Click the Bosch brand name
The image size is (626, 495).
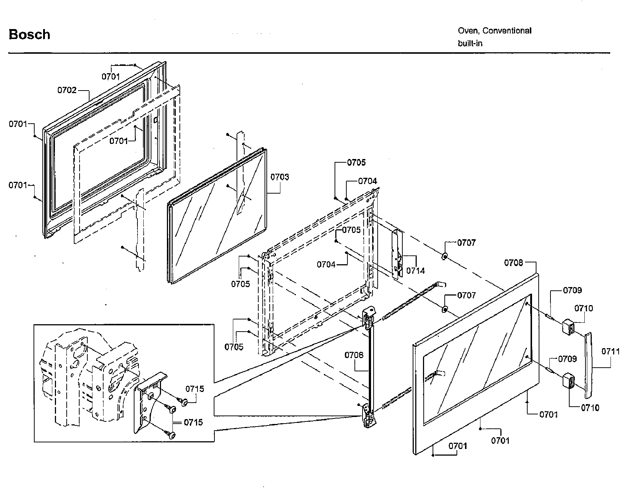(x=29, y=35)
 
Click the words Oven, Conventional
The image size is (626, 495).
(x=494, y=31)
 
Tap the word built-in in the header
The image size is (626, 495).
(x=470, y=43)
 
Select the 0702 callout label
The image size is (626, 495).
(x=67, y=90)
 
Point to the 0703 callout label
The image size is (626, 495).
(x=280, y=177)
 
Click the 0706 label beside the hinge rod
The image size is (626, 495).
(x=354, y=355)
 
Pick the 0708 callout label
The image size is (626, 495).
(x=514, y=262)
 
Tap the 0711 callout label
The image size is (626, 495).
(x=611, y=351)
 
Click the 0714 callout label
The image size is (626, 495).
(x=415, y=271)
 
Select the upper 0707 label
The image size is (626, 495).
(x=466, y=243)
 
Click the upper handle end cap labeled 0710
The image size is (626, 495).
(x=569, y=326)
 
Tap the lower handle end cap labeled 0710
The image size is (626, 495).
(x=568, y=381)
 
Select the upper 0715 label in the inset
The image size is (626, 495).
(x=195, y=389)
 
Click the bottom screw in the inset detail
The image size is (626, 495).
(x=171, y=435)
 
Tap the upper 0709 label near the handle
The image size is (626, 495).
(x=572, y=290)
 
